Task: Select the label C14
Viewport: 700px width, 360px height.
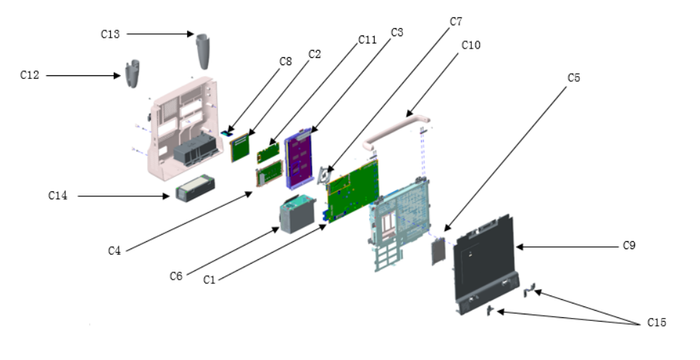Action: (58, 196)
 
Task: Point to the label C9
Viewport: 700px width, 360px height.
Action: (630, 246)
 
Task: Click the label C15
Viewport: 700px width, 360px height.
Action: (655, 322)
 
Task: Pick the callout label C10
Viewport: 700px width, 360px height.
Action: (470, 45)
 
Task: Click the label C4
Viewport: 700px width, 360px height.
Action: (114, 251)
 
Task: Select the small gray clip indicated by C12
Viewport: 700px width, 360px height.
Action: (132, 74)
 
